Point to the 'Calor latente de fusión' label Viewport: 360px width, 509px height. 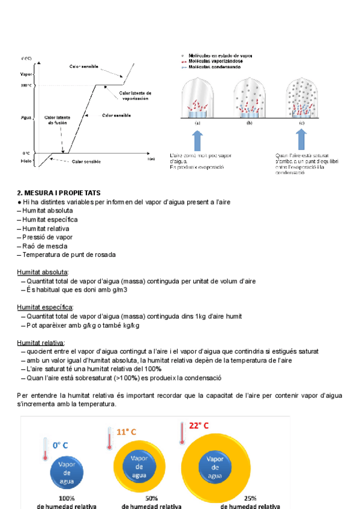coord(58,119)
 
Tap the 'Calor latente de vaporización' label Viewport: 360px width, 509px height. coord(135,96)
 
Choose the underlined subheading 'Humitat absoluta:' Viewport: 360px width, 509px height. coord(43,272)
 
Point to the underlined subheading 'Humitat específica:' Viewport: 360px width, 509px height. coord(44,307)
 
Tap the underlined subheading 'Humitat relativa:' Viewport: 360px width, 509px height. coord(41,343)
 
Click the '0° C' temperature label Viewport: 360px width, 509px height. coord(60,445)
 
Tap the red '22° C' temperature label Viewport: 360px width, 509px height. coord(199,426)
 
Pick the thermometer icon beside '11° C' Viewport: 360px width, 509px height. coord(109,438)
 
